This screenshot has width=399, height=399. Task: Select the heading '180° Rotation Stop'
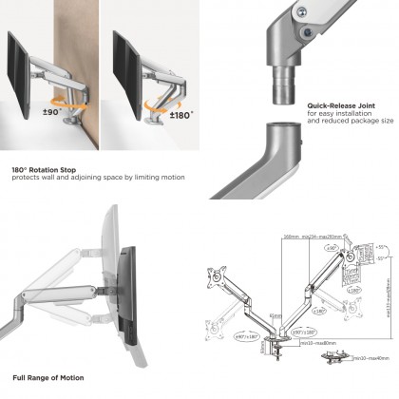point(46,169)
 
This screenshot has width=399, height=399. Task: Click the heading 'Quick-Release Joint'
point(340,105)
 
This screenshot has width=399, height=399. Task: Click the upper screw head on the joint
point(302,12)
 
